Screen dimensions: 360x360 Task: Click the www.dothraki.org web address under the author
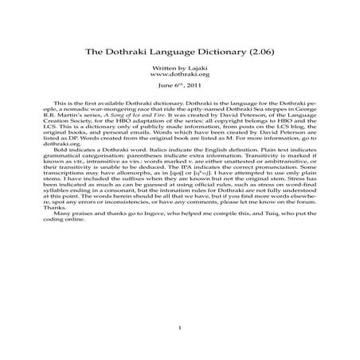[x=180, y=77]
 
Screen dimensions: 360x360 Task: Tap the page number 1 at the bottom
[x=180, y=327]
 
